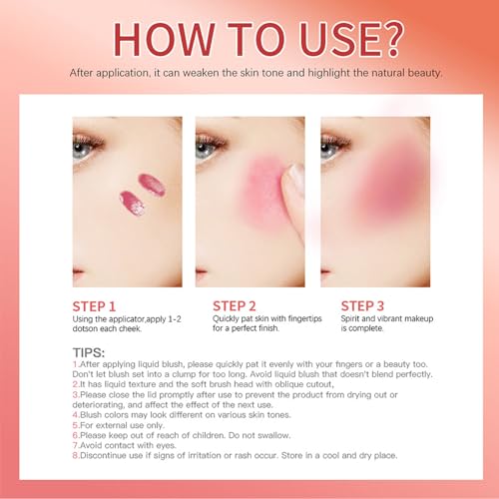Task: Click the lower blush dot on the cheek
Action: tap(131, 205)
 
